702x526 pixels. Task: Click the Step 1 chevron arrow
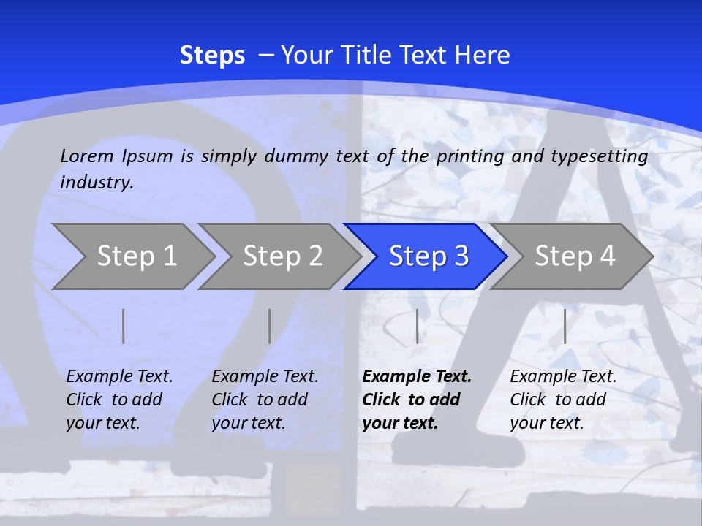click(136, 256)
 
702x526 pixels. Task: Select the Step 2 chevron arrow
click(282, 256)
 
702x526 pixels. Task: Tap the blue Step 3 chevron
click(429, 256)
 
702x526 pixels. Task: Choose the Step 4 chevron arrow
click(575, 256)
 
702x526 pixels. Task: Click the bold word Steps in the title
click(212, 56)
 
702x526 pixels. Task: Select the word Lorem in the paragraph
click(87, 156)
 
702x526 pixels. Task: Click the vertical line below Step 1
click(124, 326)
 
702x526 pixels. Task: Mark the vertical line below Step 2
click(270, 326)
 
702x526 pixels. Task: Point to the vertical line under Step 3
click(417, 326)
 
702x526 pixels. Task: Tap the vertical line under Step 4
click(565, 326)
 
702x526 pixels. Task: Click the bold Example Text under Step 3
click(417, 377)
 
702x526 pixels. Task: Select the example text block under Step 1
click(119, 400)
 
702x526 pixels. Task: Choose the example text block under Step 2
click(265, 400)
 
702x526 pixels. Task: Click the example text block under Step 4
click(563, 400)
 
